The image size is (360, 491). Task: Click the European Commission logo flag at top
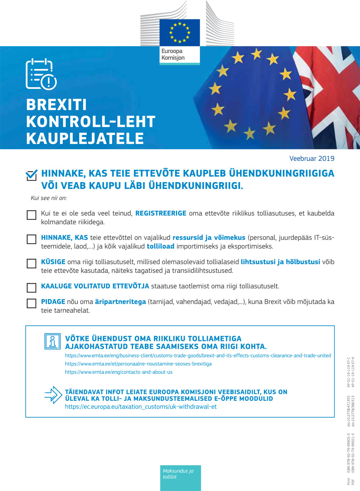click(x=180, y=33)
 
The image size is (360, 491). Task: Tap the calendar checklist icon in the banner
click(x=41, y=74)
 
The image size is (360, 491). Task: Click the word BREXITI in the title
click(x=57, y=105)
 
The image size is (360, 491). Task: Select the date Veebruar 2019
click(x=312, y=158)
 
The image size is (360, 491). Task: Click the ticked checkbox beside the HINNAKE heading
click(x=32, y=175)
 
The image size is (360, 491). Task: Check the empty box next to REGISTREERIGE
click(x=32, y=215)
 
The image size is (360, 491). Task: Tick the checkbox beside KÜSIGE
click(x=32, y=263)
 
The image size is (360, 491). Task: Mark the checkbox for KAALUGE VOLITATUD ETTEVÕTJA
click(x=32, y=288)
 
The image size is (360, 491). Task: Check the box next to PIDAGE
click(x=32, y=303)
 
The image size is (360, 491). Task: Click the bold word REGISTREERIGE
click(x=161, y=213)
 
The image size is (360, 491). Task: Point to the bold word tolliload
click(x=161, y=246)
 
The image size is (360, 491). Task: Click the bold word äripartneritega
click(x=120, y=302)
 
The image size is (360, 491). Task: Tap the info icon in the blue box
click(x=53, y=341)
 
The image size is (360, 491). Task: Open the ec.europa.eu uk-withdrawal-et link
click(x=141, y=407)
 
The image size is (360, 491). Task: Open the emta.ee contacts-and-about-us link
click(x=118, y=372)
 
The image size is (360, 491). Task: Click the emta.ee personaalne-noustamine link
click(x=138, y=364)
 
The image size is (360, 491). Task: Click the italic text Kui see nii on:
click(x=49, y=198)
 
